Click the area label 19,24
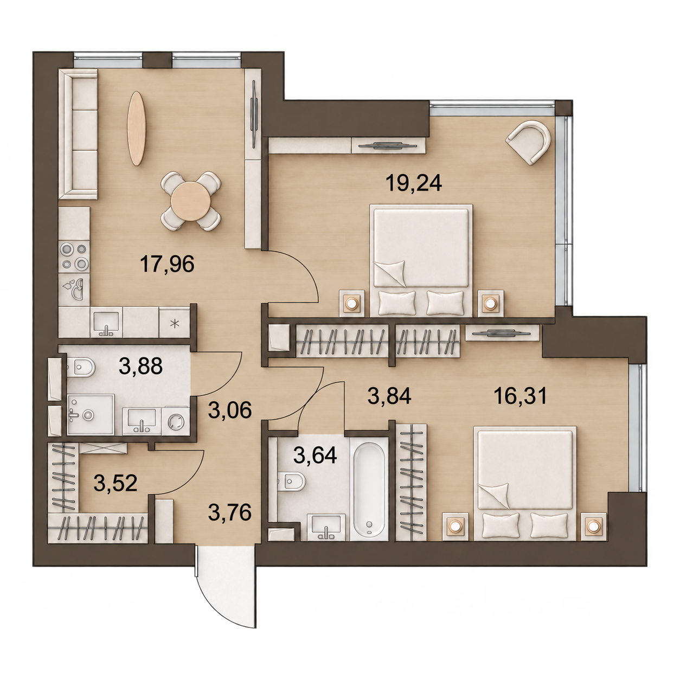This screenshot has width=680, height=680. (414, 184)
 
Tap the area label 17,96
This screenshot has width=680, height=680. (167, 264)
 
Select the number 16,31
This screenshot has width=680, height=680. (521, 396)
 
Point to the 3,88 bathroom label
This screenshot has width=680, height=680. (140, 366)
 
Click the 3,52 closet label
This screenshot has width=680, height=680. (116, 483)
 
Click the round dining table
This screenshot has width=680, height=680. (190, 201)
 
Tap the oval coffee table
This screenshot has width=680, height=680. (136, 129)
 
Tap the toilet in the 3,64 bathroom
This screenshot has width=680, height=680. (292, 481)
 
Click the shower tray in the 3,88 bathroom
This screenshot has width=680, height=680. (91, 414)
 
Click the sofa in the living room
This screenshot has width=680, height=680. (78, 134)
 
